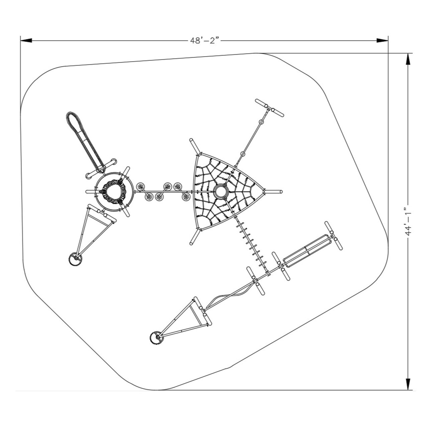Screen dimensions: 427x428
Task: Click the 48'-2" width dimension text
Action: click(205, 41)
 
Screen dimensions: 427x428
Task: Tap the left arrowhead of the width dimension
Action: click(26, 41)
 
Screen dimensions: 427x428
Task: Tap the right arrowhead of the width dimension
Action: click(383, 41)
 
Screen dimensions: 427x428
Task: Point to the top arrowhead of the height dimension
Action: click(408, 59)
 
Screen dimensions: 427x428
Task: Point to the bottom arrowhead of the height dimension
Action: click(408, 384)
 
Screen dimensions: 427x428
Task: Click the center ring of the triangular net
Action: click(220, 192)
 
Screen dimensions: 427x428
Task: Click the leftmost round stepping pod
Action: click(141, 186)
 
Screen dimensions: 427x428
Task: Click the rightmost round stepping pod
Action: click(186, 197)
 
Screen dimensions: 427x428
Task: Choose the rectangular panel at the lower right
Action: click(306, 250)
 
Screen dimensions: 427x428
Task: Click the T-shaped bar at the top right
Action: click(269, 108)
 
